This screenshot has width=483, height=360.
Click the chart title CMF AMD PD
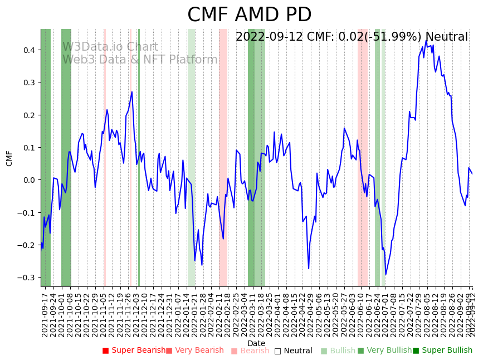(x=249, y=15)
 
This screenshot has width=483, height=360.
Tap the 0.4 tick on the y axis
(x=29, y=50)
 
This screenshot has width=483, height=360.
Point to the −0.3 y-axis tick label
(x=27, y=278)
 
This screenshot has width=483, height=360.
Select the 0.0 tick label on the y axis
(x=29, y=180)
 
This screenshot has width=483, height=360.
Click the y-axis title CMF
(x=9, y=158)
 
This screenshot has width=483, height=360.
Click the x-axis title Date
(x=256, y=343)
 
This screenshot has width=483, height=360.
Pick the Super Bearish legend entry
(x=134, y=351)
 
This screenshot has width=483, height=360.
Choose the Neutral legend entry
(x=293, y=351)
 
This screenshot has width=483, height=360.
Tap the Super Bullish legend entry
(x=442, y=351)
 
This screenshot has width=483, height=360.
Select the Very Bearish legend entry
(x=194, y=351)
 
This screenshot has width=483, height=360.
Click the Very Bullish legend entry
(x=384, y=351)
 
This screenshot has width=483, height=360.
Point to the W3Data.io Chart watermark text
(x=110, y=47)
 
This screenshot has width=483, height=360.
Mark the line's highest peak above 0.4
(x=426, y=41)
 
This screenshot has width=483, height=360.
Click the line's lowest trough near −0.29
(x=386, y=274)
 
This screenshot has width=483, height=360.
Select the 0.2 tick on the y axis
(x=29, y=115)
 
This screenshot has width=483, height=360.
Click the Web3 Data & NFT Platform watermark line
(x=140, y=60)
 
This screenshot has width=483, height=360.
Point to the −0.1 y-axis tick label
(x=27, y=213)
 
